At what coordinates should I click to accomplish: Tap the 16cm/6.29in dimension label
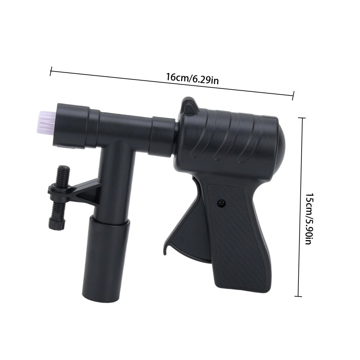coord(192,78)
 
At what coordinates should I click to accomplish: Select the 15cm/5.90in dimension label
coord(309,219)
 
